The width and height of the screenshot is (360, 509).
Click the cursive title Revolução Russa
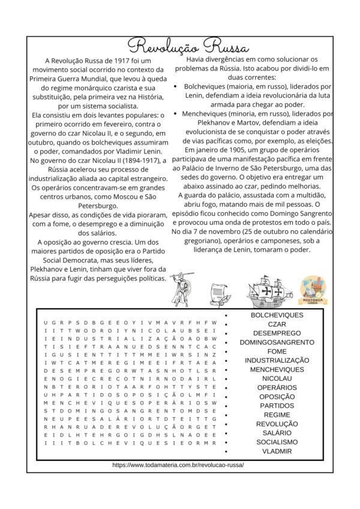click(x=180, y=46)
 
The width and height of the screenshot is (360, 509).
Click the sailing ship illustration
click(x=268, y=290)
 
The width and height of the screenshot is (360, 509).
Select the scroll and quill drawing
click(x=220, y=292)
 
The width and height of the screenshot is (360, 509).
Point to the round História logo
click(x=313, y=291)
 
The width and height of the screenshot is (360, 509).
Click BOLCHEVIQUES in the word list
click(x=277, y=315)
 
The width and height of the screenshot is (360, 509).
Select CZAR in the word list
click(x=277, y=324)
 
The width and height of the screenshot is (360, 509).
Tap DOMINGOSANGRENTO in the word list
click(x=277, y=342)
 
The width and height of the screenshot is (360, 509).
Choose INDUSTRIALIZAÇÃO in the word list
click(x=277, y=360)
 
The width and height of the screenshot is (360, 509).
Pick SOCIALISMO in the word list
click(x=277, y=442)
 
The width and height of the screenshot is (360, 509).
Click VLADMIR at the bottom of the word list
click(x=277, y=451)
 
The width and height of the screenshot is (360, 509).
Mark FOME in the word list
click(x=277, y=351)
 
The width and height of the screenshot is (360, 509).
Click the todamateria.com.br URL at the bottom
click(x=178, y=465)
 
